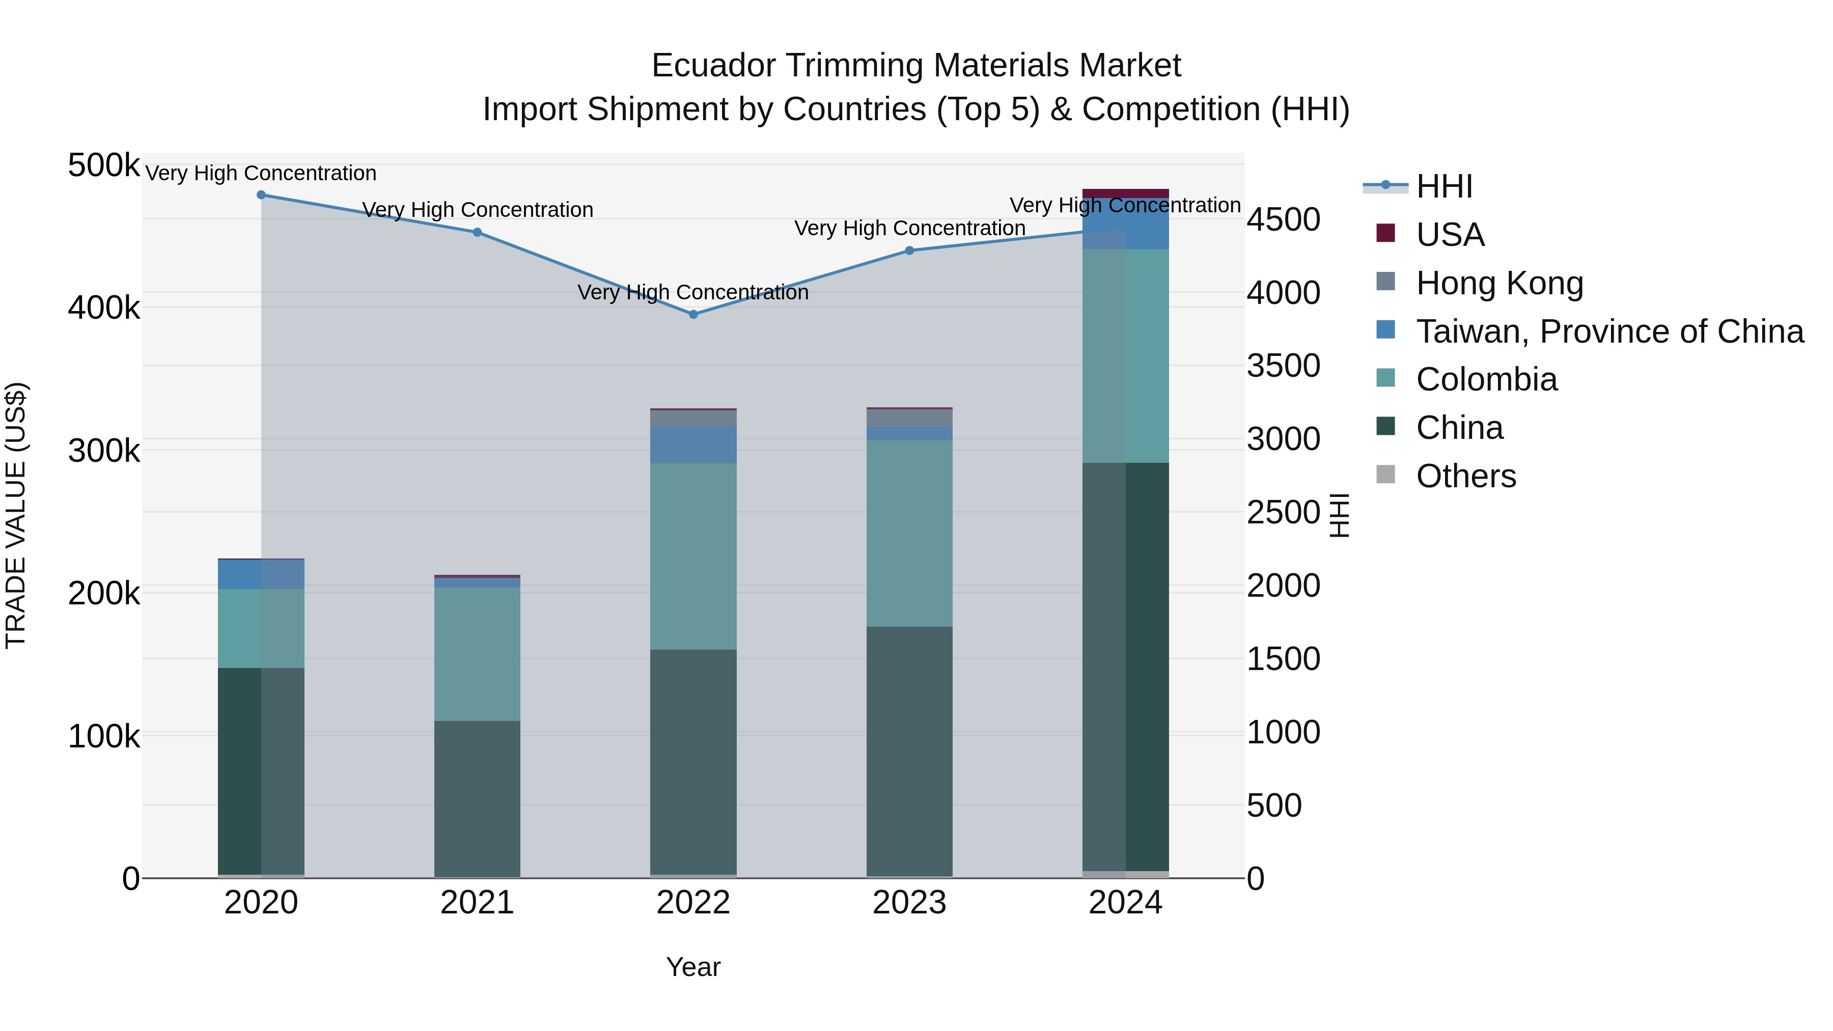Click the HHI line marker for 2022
pos(693,314)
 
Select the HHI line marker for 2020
pos(261,195)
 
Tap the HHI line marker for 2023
pos(909,250)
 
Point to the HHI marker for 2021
pos(478,232)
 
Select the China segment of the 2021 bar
pos(478,798)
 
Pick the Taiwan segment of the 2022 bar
pos(693,444)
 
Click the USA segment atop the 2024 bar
pos(1125,193)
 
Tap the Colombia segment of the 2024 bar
pos(1125,356)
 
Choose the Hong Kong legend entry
pos(1499,283)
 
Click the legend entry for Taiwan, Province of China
pos(1609,331)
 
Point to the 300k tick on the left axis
pos(104,451)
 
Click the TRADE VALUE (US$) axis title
pos(16,515)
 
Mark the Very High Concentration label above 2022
pos(693,292)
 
